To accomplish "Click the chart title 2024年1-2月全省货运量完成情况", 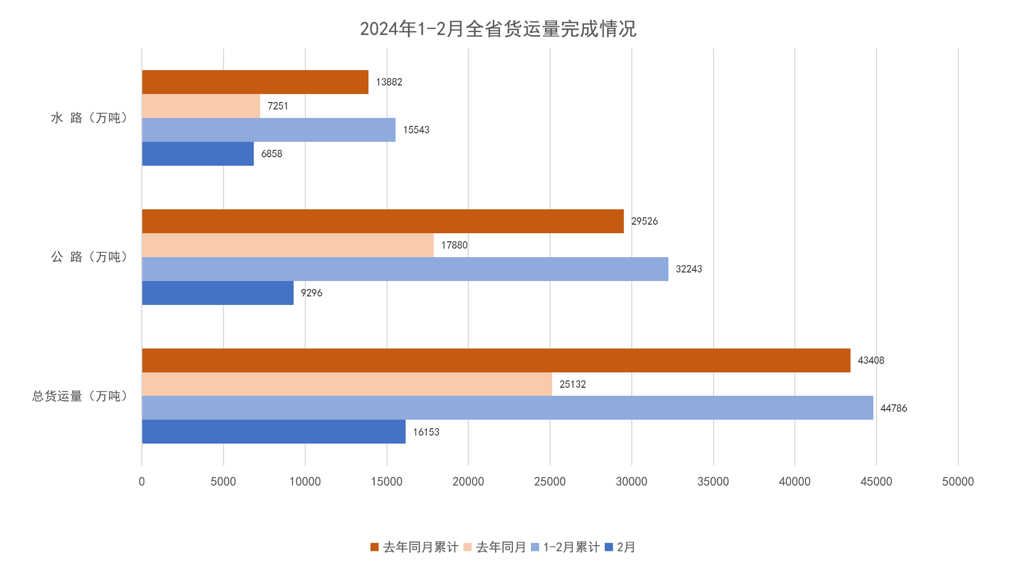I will [x=498, y=29].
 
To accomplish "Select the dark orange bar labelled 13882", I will [x=255, y=82].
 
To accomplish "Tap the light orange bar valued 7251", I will [x=201, y=106].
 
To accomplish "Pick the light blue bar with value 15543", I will [x=269, y=130].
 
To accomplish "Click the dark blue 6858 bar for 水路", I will [x=198, y=154].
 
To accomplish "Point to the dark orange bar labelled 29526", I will [x=382, y=222].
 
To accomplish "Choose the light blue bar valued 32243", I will [x=405, y=269].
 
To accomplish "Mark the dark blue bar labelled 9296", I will [x=218, y=293].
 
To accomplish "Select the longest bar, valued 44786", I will [x=507, y=408].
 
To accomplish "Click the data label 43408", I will [x=871, y=361].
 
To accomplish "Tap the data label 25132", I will [x=572, y=385].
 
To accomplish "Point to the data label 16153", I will [x=426, y=432].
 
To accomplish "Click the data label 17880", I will [x=454, y=245].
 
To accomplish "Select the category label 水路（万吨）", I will [x=89, y=118].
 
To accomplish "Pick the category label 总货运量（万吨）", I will [x=80, y=396].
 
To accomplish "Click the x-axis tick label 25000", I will [x=550, y=482].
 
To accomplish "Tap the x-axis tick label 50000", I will [x=958, y=482].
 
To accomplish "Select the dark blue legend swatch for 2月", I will [x=609, y=547].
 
